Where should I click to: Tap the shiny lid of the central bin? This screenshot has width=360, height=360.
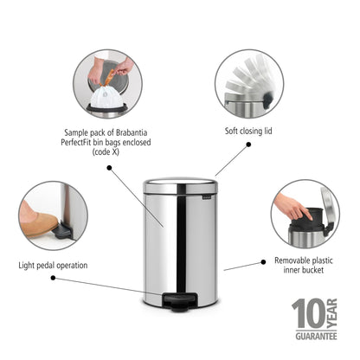point(180,183)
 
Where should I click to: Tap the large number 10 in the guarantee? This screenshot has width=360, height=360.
point(309,312)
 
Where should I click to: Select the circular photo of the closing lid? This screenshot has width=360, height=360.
point(248,84)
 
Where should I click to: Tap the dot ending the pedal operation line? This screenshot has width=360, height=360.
point(53,278)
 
